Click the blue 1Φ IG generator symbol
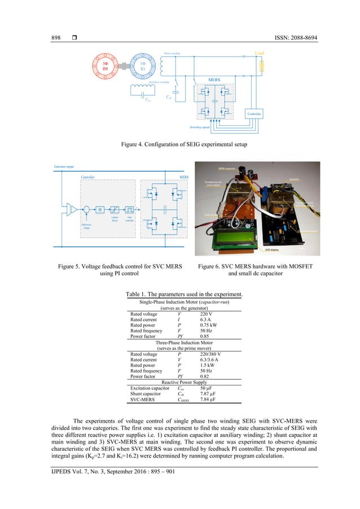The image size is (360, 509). point(145,68)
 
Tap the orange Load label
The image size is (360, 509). point(260,54)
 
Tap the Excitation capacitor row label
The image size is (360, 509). point(150,389)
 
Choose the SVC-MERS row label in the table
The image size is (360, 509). point(143,400)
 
